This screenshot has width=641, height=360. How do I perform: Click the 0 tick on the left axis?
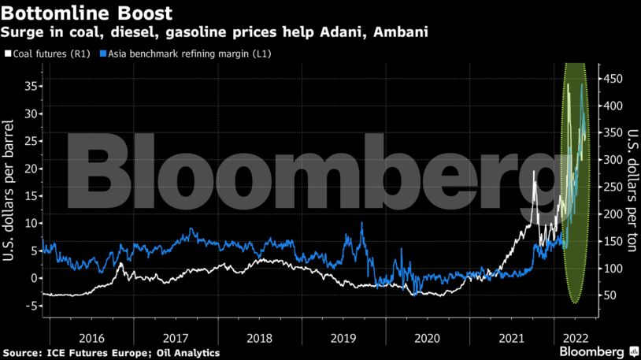coord(33,277)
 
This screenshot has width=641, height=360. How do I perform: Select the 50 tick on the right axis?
coord(612,295)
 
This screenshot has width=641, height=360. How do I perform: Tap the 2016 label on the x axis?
coord(91,337)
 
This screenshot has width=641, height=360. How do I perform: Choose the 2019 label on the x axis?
coord(343,337)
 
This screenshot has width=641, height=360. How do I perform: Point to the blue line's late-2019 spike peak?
coord(361,223)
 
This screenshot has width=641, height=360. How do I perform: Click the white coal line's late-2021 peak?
coord(535,172)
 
